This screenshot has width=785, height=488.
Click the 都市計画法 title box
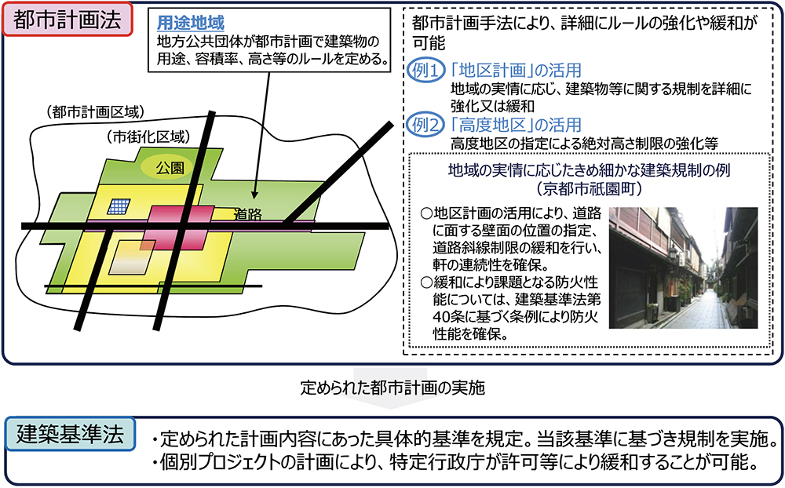pos(67,20)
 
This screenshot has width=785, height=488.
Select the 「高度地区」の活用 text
pos(516,125)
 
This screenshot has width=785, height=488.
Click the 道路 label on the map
pos(247,214)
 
